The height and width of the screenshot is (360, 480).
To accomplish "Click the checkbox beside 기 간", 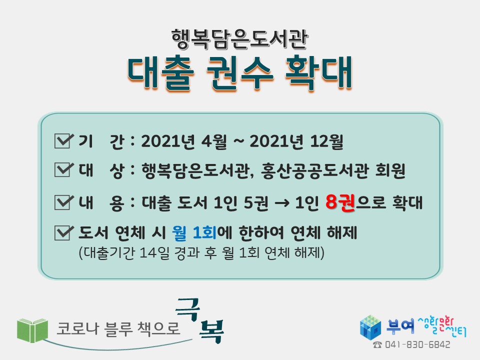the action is (x=64, y=141).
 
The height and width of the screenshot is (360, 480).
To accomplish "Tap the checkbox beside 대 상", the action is (x=64, y=169).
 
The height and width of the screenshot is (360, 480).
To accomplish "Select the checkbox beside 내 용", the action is (x=64, y=202).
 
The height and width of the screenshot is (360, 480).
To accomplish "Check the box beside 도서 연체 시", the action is (x=64, y=232).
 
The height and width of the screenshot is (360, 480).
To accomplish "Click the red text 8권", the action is (x=340, y=202).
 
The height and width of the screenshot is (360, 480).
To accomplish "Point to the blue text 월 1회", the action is (x=194, y=232).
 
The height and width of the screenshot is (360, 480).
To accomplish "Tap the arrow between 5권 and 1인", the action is (x=282, y=203).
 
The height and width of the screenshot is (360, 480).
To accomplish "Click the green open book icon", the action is (x=32, y=330).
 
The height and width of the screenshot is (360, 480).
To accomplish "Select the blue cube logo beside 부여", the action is (x=370, y=327).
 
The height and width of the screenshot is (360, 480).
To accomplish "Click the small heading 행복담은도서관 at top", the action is (x=239, y=39).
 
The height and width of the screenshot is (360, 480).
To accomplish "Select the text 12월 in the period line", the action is (x=326, y=141).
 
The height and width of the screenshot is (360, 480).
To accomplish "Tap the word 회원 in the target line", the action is (x=390, y=170).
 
